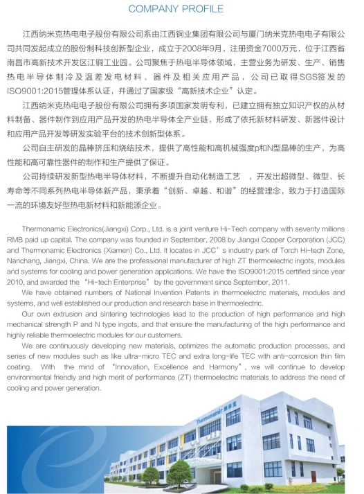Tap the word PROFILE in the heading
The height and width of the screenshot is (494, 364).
pos(205,9)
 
